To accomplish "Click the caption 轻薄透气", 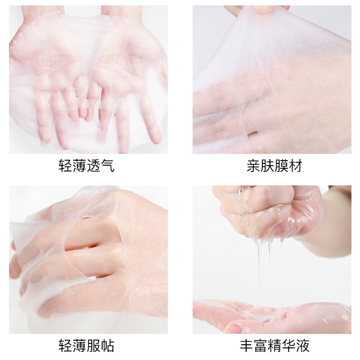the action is [x=86, y=166].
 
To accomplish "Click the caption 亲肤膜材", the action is [x=274, y=166].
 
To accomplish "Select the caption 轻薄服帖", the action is [x=86, y=346].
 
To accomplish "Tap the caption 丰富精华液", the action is [x=274, y=346].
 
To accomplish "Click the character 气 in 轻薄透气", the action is [x=108, y=166].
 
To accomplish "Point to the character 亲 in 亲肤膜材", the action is [x=253, y=166].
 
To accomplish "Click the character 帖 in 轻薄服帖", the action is [x=108, y=346].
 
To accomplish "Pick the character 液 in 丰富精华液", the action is [x=303, y=346].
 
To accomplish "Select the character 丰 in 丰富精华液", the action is [x=247, y=346].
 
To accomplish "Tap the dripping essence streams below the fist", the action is [x=270, y=271].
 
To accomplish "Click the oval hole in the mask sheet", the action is [x=93, y=247].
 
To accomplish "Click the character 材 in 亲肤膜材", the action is [x=296, y=166].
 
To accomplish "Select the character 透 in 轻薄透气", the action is [x=94, y=166].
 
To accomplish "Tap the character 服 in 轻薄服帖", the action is [x=94, y=346].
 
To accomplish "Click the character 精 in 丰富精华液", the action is [x=274, y=346].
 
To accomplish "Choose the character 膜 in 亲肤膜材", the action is [x=282, y=166].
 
